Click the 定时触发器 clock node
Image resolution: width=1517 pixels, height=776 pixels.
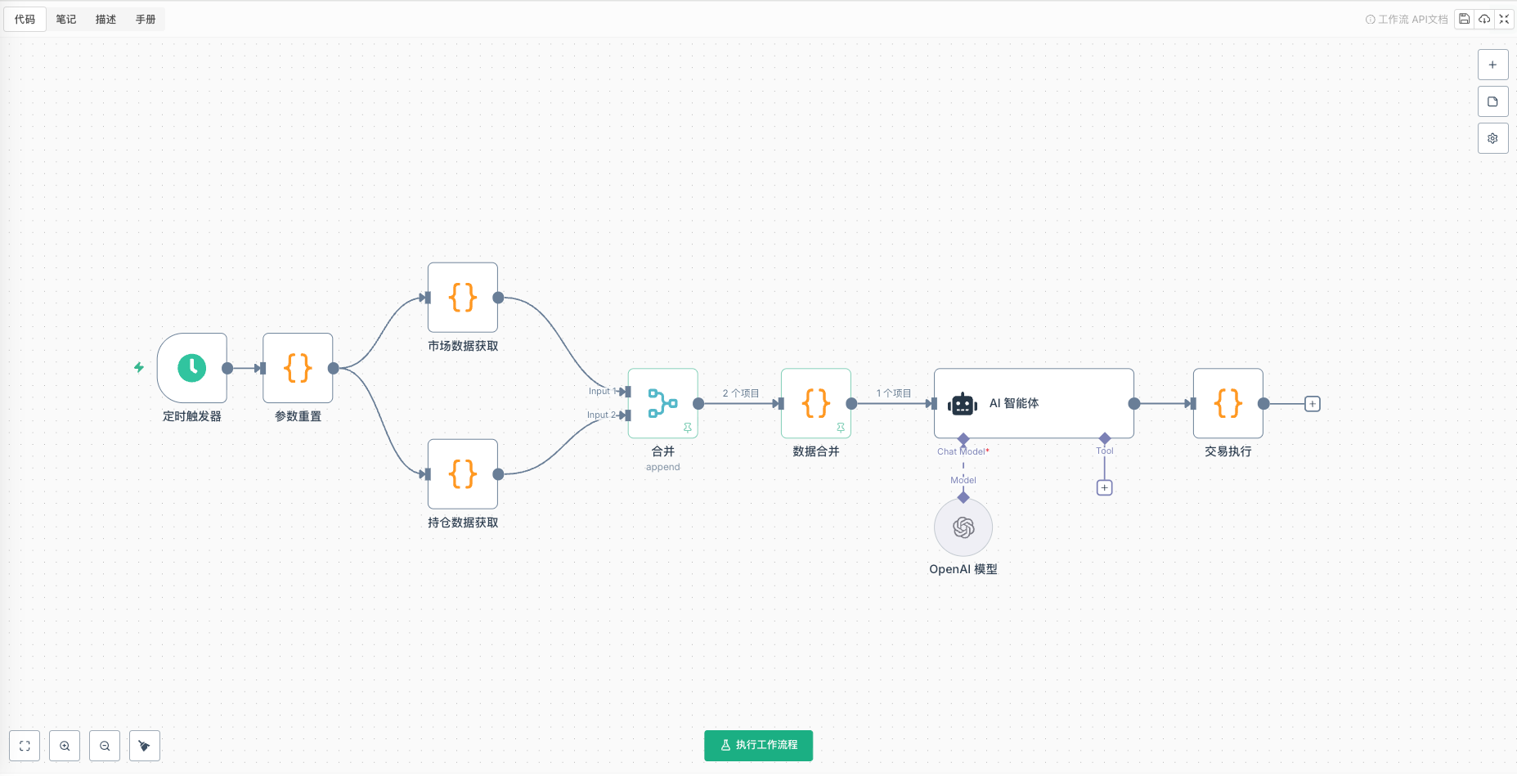coord(192,368)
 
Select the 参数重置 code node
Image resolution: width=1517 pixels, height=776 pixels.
coord(298,368)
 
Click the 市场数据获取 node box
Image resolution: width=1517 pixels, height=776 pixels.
coord(463,298)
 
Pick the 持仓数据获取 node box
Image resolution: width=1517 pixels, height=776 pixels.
coord(463,474)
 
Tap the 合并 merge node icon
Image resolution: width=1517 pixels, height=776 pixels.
coord(662,403)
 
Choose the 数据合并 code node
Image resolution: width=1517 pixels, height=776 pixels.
coord(816,403)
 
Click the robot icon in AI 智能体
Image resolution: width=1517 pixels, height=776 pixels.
coord(963,404)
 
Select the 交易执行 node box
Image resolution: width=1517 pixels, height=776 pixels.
coord(1228,403)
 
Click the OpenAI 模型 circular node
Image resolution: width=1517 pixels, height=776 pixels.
coord(963,528)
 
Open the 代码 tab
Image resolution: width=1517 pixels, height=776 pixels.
coord(25,19)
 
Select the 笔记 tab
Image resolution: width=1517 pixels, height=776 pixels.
coord(66,19)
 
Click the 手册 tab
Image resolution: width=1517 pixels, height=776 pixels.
coord(146,19)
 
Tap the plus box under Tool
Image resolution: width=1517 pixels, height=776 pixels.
coord(1104,488)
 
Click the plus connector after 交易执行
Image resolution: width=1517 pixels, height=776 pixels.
coord(1313,404)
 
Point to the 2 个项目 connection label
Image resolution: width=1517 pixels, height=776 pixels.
coord(740,393)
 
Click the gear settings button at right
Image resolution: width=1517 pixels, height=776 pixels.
coord(1492,138)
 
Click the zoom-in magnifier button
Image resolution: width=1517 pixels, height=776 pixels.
coord(65,746)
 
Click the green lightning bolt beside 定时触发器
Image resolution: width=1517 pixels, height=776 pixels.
coord(139,367)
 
